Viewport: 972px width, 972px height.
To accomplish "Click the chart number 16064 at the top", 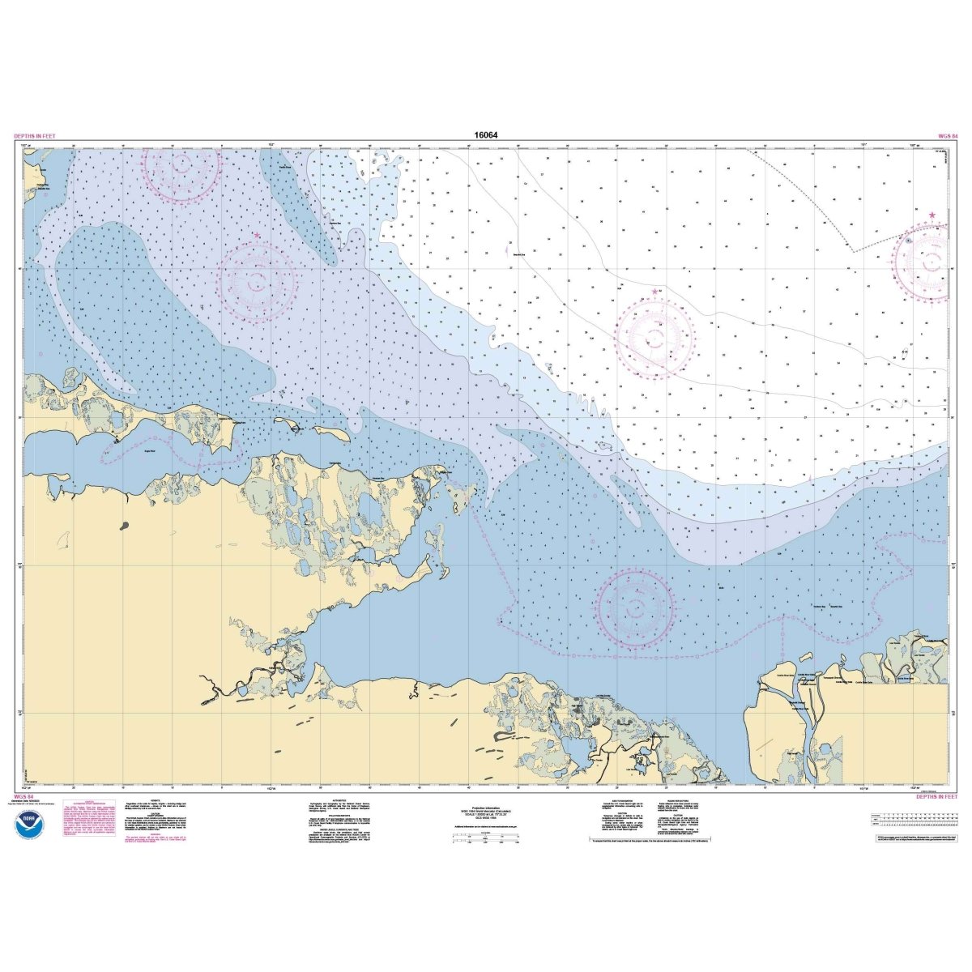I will (x=486, y=135).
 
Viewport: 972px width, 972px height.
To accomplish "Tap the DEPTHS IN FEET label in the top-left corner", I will (x=35, y=136).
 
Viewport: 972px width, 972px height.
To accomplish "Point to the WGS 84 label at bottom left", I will (x=24, y=797).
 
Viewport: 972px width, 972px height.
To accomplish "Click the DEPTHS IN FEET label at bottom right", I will (x=937, y=797).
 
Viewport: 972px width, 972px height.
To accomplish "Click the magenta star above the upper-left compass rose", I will (x=258, y=236).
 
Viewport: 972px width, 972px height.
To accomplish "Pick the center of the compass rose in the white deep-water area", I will (x=654, y=339).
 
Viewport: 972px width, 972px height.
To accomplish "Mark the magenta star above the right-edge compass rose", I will (x=932, y=215).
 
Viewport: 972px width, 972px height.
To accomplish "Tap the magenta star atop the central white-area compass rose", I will (x=654, y=292).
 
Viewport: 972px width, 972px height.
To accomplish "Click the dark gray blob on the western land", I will (x=125, y=526).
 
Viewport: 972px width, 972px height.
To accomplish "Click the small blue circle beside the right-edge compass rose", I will (x=909, y=240).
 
